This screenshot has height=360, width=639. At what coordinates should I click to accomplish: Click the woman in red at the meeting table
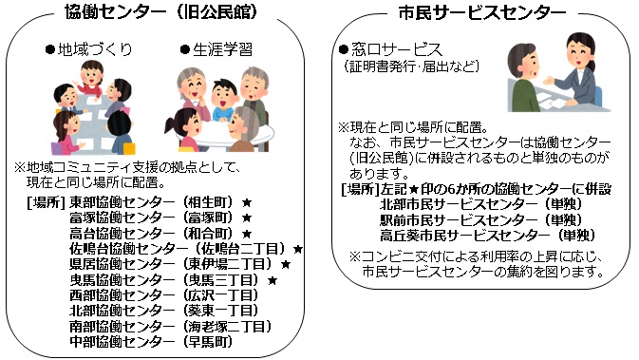(94, 75)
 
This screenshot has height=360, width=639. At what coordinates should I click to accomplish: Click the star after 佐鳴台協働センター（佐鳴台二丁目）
(297, 250)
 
